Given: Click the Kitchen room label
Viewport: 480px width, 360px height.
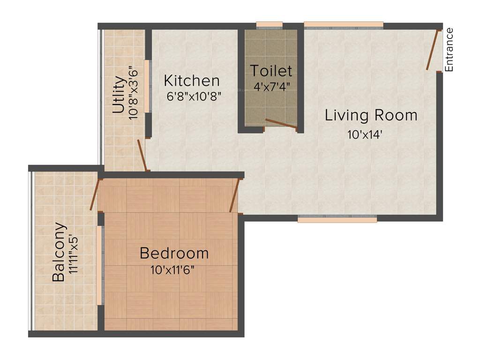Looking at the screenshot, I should (x=192, y=81).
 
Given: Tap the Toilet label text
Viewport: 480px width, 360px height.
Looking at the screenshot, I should (x=271, y=71).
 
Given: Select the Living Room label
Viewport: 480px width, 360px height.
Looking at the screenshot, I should (x=371, y=115).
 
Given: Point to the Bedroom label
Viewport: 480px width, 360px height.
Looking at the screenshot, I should (x=174, y=254).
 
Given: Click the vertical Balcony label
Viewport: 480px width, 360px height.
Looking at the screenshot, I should (x=59, y=252).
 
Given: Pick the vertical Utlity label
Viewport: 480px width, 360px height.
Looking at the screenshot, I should (x=119, y=96).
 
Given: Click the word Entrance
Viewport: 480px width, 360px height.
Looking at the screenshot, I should (x=449, y=50).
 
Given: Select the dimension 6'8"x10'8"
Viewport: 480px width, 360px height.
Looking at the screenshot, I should (x=194, y=97).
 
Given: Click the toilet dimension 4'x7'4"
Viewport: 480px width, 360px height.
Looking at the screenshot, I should (x=271, y=87).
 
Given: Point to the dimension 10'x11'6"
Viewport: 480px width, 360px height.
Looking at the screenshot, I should (x=172, y=270).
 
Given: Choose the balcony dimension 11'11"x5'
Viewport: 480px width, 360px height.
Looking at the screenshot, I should (x=72, y=257).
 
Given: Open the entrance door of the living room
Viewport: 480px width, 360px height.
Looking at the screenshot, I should (x=433, y=50).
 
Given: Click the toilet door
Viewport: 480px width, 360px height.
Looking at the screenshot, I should (x=281, y=123).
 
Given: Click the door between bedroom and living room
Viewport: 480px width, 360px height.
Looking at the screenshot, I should (x=235, y=195).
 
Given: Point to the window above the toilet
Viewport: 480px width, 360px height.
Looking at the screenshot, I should (x=270, y=25).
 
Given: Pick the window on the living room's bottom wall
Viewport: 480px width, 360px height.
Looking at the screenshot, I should (x=337, y=218).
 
